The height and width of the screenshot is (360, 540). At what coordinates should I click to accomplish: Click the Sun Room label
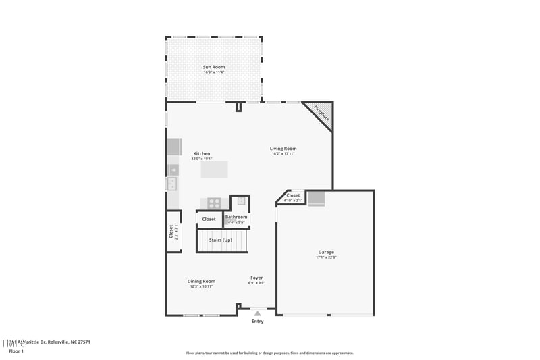[x=214, y=67]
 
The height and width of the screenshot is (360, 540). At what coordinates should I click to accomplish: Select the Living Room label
[x=283, y=149]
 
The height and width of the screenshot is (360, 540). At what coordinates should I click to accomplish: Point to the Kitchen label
[x=202, y=153]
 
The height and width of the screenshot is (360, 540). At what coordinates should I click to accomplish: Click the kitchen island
[x=215, y=169]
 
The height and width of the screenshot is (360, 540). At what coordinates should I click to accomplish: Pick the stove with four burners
[x=214, y=202]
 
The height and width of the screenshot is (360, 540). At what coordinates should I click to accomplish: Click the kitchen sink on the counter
[x=172, y=184]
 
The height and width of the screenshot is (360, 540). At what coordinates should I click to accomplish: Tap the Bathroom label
[x=236, y=217]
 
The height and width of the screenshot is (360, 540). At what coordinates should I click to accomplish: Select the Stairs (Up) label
[x=221, y=240]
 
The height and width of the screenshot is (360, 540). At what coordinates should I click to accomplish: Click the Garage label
[x=326, y=252]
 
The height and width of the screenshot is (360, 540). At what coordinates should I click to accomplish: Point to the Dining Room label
[x=201, y=281]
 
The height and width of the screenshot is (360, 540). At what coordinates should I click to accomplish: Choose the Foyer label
[x=256, y=278]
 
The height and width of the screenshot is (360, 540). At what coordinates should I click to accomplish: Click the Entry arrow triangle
[x=257, y=313]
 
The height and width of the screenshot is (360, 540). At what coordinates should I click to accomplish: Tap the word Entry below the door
[x=258, y=322]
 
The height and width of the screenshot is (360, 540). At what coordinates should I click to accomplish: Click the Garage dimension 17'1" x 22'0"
[x=326, y=257]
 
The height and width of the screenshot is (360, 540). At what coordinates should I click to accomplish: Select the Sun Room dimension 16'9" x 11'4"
[x=214, y=72]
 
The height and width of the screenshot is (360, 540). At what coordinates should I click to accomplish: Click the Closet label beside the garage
[x=293, y=195]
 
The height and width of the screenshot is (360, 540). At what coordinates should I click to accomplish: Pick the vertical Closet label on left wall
[x=171, y=231]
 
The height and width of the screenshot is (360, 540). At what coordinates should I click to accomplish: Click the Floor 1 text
[x=16, y=351]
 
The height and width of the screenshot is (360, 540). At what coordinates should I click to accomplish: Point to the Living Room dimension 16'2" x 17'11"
[x=283, y=154]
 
